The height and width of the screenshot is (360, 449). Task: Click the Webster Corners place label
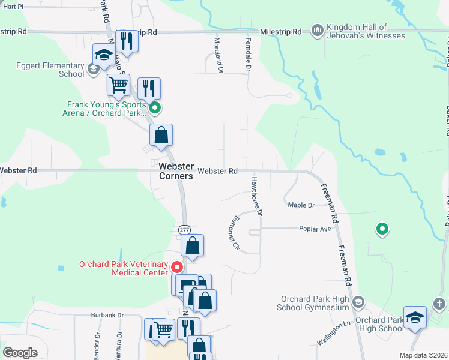[x=176, y=171]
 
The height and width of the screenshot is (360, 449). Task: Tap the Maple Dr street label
[x=301, y=205]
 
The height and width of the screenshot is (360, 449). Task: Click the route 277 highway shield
[x=184, y=230]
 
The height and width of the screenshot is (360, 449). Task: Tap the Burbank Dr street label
[x=107, y=314]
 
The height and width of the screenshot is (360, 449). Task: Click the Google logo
[x=20, y=353]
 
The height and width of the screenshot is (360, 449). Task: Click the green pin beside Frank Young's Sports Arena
[x=155, y=109]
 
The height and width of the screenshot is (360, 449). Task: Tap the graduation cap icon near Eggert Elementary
[x=104, y=54]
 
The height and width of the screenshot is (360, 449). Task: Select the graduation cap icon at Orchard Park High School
[x=415, y=317]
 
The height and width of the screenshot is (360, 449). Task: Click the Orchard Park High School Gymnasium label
[x=315, y=303]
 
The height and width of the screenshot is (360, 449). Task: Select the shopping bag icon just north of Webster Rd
[x=161, y=134]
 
